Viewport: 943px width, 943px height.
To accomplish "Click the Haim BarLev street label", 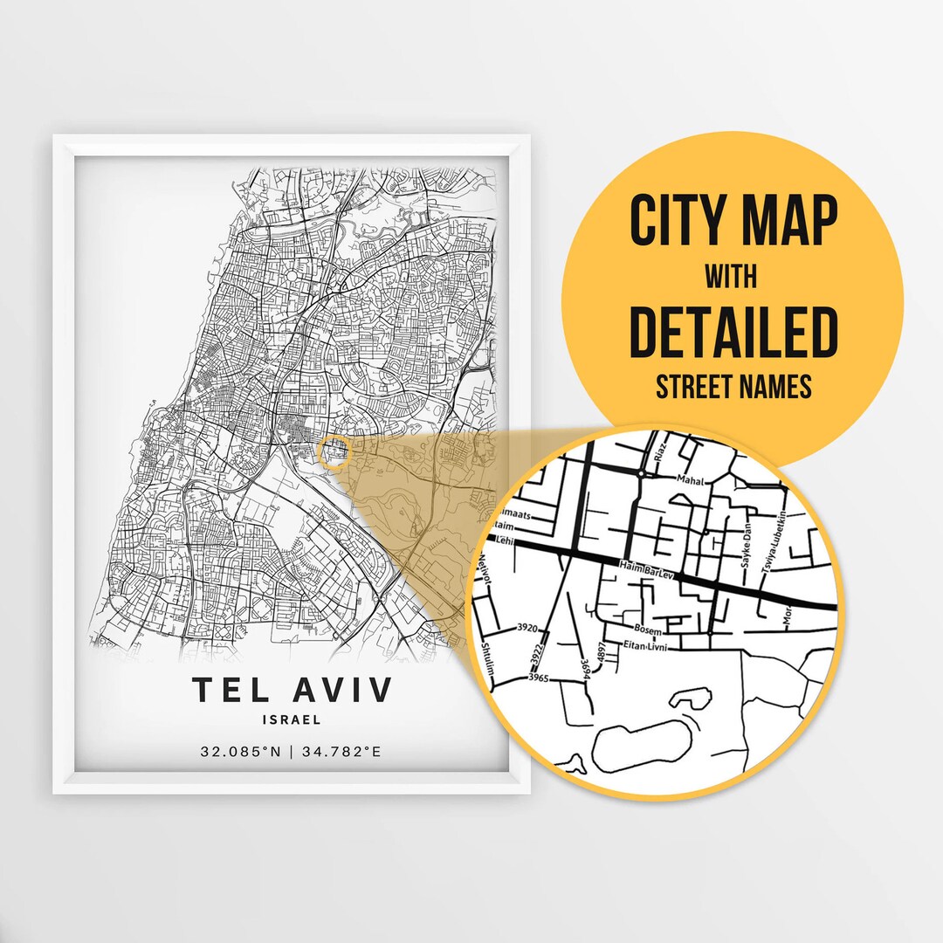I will [646, 569].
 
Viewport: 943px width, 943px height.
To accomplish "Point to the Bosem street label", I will [649, 629].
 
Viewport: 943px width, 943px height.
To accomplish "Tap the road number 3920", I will [527, 627].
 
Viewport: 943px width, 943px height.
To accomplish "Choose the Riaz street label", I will [661, 451].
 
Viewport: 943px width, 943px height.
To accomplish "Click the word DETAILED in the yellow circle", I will [733, 332].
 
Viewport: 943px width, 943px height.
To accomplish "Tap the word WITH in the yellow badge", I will [733, 278].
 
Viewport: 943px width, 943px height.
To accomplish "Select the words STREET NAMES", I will [733, 387].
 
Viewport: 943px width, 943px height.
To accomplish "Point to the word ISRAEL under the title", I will [292, 720].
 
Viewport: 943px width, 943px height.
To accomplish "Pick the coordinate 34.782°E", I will [341, 751].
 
